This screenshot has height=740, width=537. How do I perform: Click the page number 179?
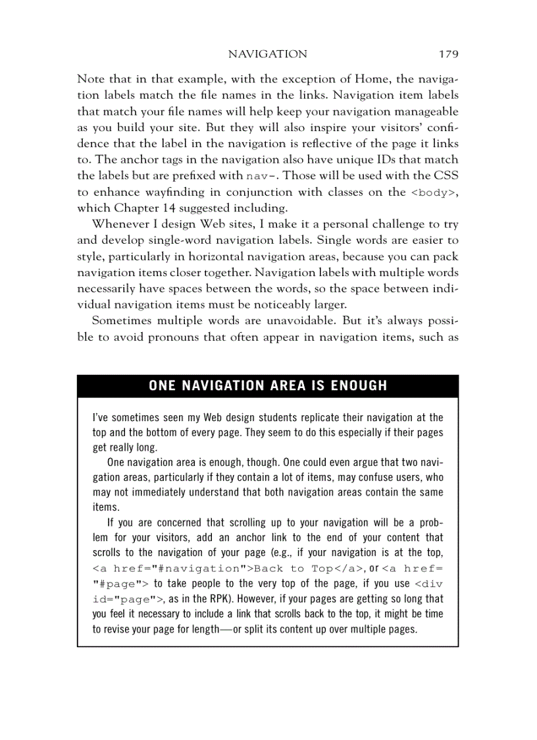pyautogui.click(x=446, y=54)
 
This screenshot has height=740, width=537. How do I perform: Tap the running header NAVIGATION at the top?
pyautogui.click(x=267, y=54)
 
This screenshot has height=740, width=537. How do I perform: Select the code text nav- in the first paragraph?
pyautogui.click(x=261, y=176)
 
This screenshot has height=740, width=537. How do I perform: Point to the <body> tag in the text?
pyautogui.click(x=434, y=192)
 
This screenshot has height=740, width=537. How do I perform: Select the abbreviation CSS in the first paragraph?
pyautogui.click(x=446, y=176)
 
